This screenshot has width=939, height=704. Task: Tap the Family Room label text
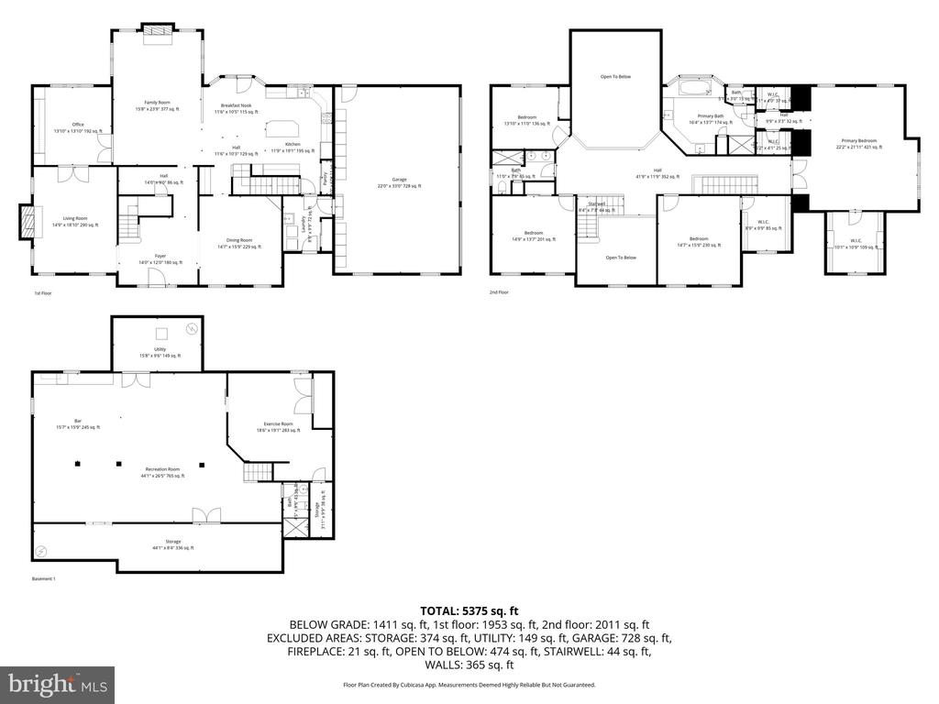coord(157,105)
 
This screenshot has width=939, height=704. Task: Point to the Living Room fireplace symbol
coord(28,221)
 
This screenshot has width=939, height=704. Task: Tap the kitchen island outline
coord(280,128)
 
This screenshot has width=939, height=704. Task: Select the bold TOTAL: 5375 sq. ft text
coord(469,610)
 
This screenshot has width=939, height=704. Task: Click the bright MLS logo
coord(57,684)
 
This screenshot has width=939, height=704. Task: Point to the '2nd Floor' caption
coord(500,293)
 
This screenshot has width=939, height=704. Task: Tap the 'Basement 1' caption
coord(44,579)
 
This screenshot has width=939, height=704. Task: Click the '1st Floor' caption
coord(43,293)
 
